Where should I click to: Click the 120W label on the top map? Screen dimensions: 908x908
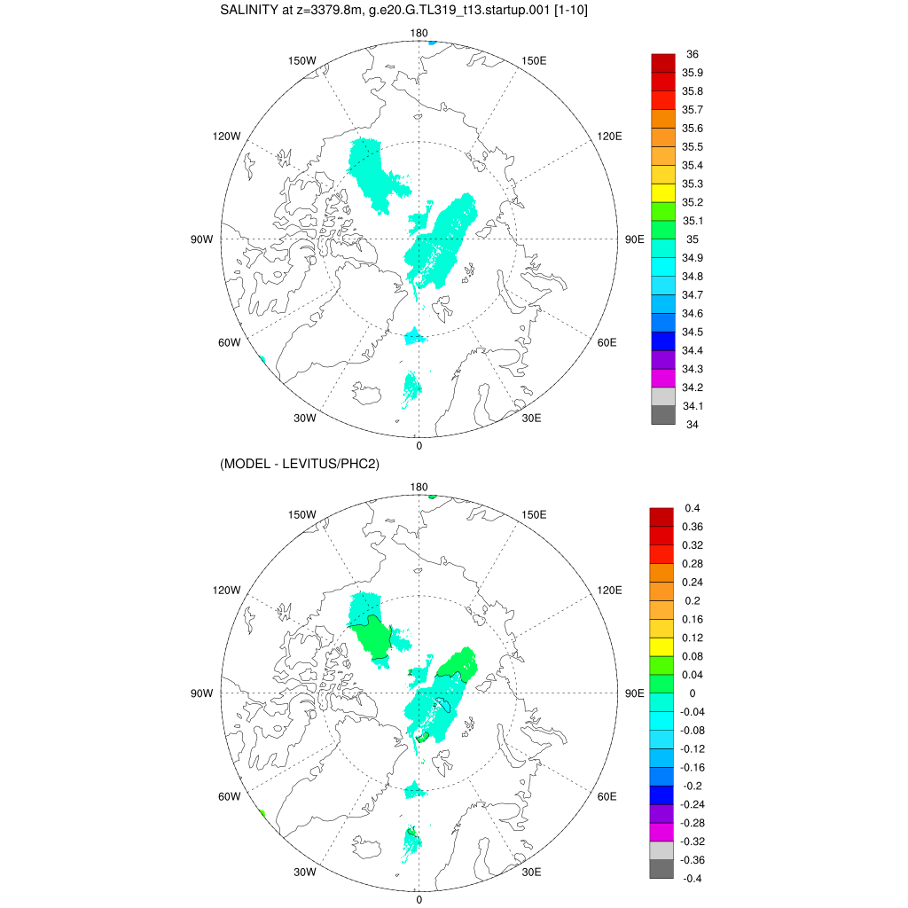coord(226,136)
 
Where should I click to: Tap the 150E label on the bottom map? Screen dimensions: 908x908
coord(535,515)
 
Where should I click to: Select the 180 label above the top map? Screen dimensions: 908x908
coord(419,34)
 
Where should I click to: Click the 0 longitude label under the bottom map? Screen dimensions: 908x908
coord(419,900)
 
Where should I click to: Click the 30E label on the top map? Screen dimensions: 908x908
coord(532,419)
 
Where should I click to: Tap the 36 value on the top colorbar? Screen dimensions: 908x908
coord(692,54)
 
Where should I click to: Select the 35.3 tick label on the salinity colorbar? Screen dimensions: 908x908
coord(693,184)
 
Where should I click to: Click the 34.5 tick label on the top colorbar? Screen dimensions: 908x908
coord(693,332)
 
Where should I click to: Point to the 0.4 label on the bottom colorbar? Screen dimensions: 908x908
coord(693,508)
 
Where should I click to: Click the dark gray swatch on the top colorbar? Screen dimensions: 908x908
coord(663,415)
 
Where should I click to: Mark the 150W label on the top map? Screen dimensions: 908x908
coord(302,60)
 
